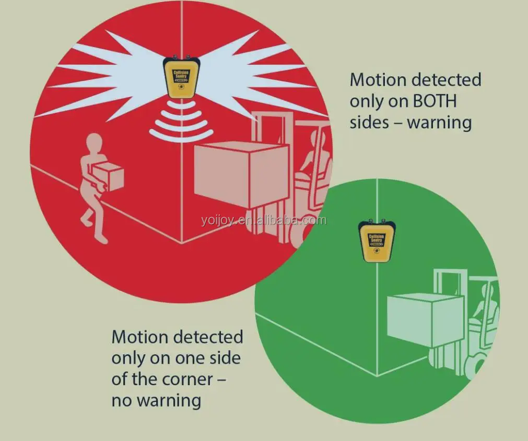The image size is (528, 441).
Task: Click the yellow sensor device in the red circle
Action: pos(181,77)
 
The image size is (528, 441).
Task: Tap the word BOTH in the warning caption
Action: pos(435,101)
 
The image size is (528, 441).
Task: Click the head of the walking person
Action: pos(94,142)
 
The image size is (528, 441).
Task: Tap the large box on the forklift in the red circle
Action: pos(241,174)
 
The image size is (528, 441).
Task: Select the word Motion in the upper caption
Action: pos(378,80)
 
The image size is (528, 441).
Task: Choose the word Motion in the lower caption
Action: pos(140,337)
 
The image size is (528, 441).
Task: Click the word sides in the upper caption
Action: pos(369,123)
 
